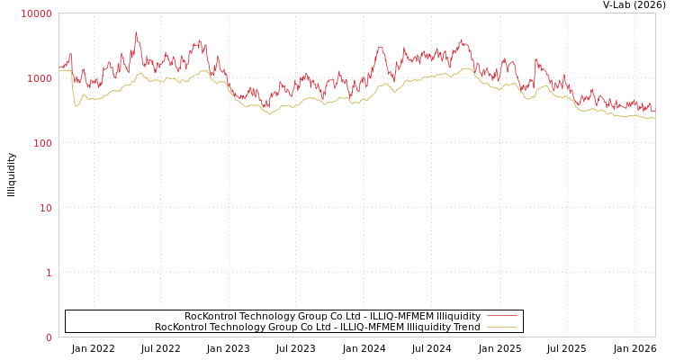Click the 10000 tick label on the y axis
tap(36, 13)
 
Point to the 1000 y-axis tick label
tap(39, 78)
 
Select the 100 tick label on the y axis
tap(41, 143)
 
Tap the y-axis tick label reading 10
tap(45, 208)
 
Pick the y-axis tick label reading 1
tap(49, 273)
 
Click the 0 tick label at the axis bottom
tap(49, 337)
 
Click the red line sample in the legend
tap(501, 316)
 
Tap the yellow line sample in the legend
tap(501, 327)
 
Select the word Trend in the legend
tap(465, 328)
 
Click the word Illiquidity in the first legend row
tap(458, 317)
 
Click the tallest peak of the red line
tap(136, 33)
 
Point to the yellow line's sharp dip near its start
tap(76, 106)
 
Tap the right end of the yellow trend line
tap(654, 118)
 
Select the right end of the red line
tap(654, 112)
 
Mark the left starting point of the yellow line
tap(59, 70)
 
